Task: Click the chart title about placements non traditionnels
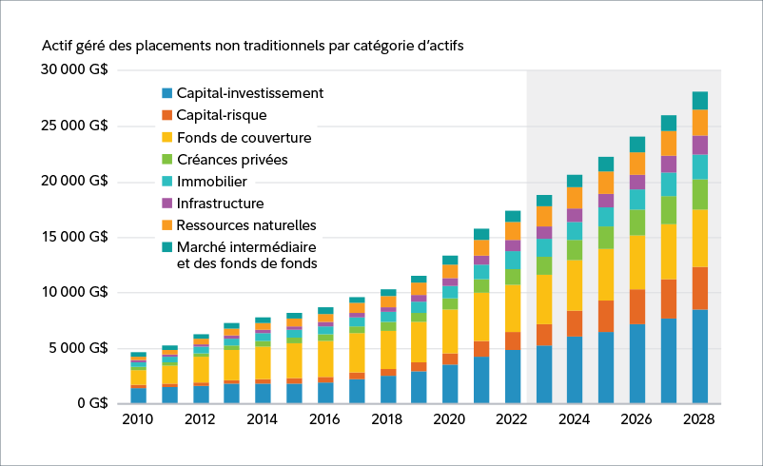coord(252,45)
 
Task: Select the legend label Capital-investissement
coord(250,93)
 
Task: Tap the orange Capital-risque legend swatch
coord(167,115)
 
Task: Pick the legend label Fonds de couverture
coord(244,137)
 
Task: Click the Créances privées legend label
coord(232,159)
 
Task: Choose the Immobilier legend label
coord(212,181)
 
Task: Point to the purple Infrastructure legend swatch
coord(167,203)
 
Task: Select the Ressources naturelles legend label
coord(246,225)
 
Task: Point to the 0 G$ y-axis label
coord(91,404)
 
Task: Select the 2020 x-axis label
coord(450,419)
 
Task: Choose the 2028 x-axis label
coord(699,419)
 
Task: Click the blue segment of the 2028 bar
coord(699,357)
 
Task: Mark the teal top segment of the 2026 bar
coord(636,145)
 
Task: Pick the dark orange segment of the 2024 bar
coord(575,323)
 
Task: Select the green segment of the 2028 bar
coord(699,194)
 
